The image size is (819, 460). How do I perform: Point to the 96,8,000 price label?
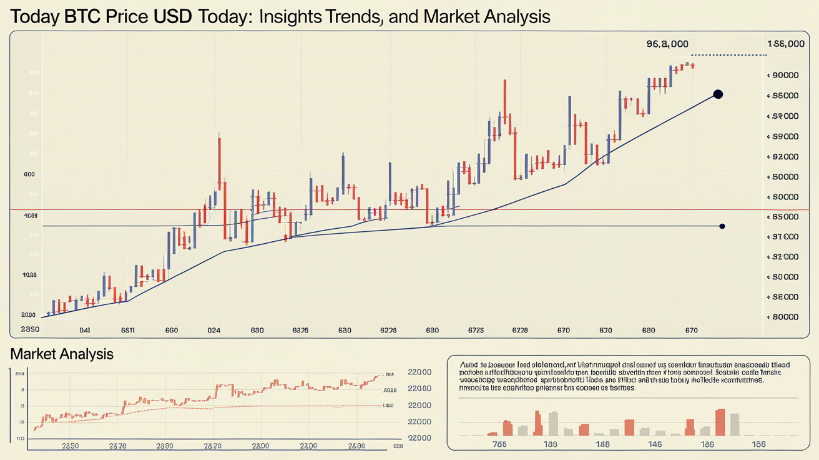click(667, 44)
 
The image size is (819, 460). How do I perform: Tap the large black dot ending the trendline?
click(717, 94)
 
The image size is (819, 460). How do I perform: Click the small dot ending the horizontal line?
click(722, 226)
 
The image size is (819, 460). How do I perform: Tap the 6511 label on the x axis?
click(128, 330)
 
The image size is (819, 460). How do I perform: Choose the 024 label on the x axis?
click(213, 330)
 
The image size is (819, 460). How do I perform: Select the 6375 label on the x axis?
click(300, 330)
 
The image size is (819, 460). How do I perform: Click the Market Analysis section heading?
click(62, 354)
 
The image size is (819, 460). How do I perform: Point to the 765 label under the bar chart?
click(499, 444)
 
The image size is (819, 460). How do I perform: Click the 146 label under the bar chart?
click(654, 444)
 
